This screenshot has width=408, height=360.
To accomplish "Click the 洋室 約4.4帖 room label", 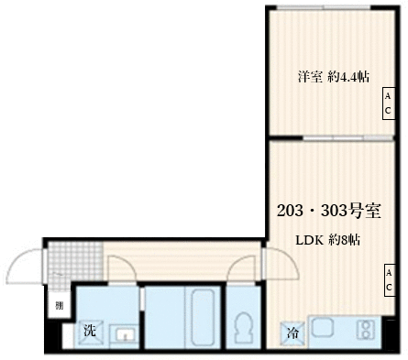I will pyautogui.click(x=332, y=77).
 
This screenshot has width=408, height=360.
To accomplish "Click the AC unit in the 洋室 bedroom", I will pyautogui.click(x=388, y=103).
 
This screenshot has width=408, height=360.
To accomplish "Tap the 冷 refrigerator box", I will pyautogui.click(x=290, y=333).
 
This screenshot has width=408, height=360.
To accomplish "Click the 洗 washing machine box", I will pyautogui.click(x=89, y=330).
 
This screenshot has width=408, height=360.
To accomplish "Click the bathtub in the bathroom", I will pyautogui.click(x=201, y=317).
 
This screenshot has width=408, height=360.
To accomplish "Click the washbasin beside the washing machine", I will pyautogui.click(x=125, y=333).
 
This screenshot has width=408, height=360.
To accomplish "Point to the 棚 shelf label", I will pyautogui.click(x=58, y=306).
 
